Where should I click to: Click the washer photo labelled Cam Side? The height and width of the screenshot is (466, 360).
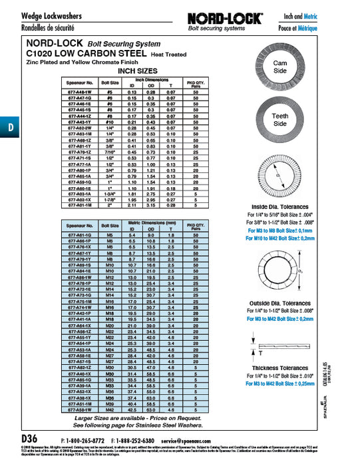click(x=280, y=67)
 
